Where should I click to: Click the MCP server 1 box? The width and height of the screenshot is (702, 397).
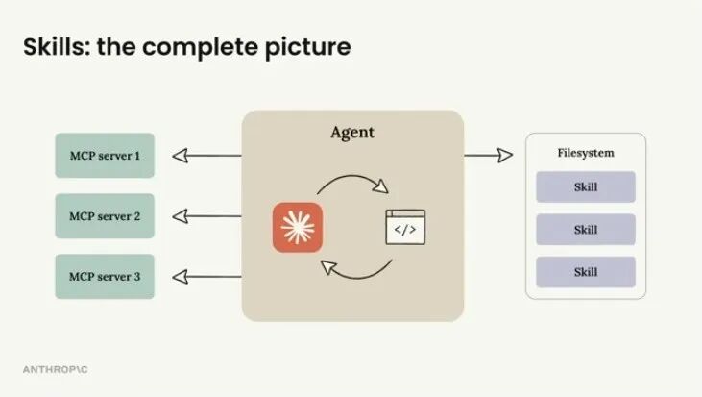point(105,156)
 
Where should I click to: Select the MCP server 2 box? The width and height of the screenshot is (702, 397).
point(105,216)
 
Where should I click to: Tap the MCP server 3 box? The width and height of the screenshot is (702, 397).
point(105,277)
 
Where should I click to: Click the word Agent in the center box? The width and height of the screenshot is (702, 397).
point(352,133)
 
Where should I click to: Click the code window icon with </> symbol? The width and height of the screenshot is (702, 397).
point(404,227)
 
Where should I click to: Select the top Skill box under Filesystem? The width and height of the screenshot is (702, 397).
point(585,187)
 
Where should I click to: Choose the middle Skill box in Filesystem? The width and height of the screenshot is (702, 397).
point(585,230)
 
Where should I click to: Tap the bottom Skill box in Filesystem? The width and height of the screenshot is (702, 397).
point(585,272)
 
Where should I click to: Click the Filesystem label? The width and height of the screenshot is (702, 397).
point(586,153)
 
